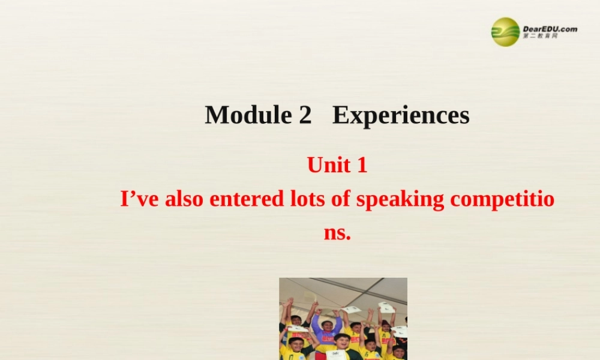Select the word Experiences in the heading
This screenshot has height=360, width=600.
tap(401, 115)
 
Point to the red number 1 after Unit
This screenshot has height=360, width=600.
tap(361, 164)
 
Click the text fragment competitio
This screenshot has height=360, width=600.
tap(502, 200)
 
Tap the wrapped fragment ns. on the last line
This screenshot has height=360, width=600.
tap(337, 232)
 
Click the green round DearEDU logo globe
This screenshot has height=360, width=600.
tap(505, 31)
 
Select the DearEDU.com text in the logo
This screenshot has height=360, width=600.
tap(550, 28)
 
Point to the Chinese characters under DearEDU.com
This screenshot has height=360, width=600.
tap(540, 37)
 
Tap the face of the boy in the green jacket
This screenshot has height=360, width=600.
tap(342, 342)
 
